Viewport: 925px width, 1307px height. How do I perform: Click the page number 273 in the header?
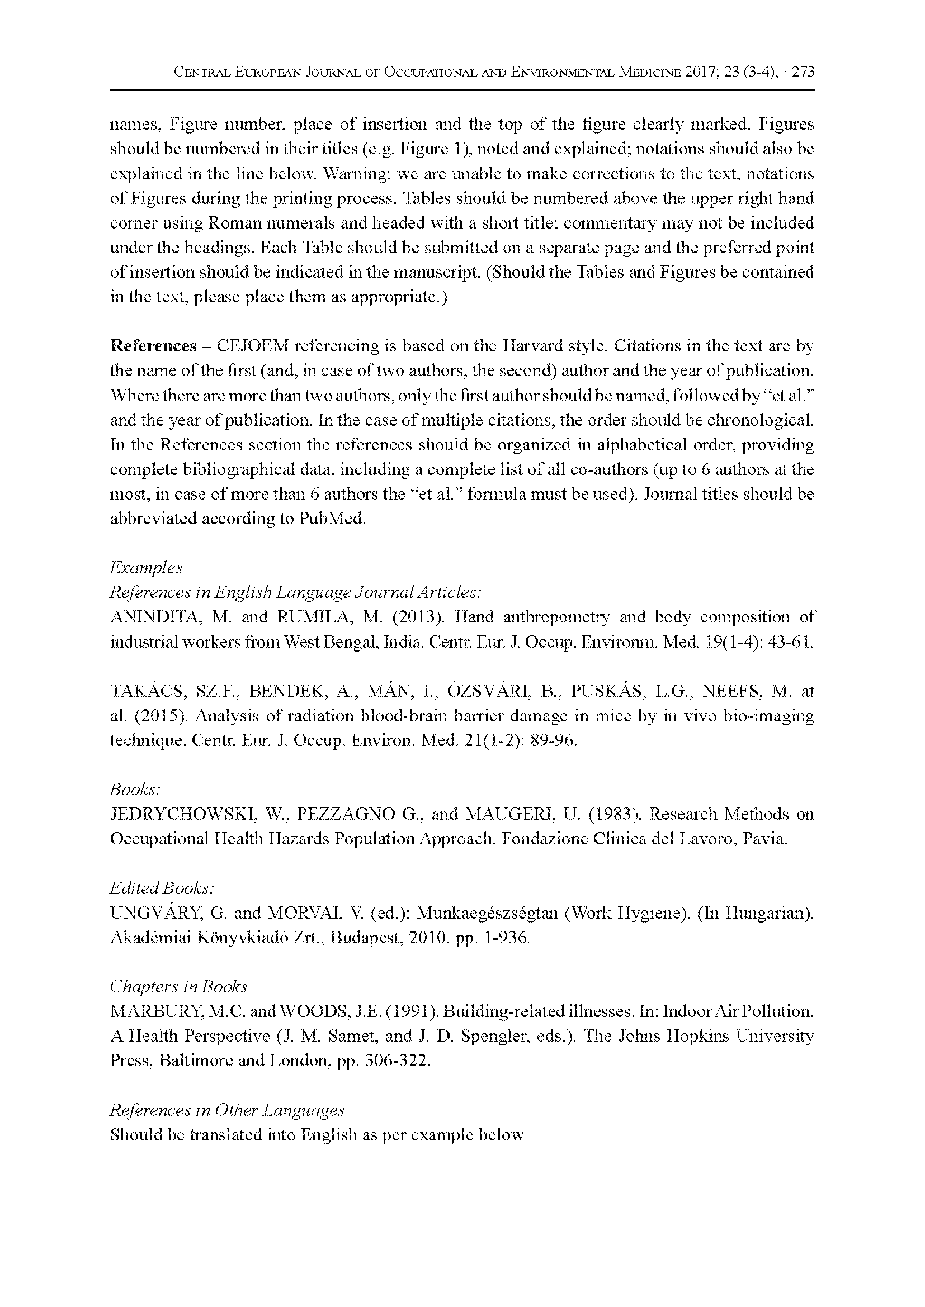pos(803,72)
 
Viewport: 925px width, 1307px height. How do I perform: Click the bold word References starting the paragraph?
pos(153,345)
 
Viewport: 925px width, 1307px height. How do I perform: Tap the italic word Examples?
pos(146,568)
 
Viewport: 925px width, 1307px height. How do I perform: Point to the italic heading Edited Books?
pos(162,888)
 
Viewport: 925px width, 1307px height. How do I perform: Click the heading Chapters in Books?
pos(178,986)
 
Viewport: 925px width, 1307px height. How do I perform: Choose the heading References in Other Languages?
pos(226,1110)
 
